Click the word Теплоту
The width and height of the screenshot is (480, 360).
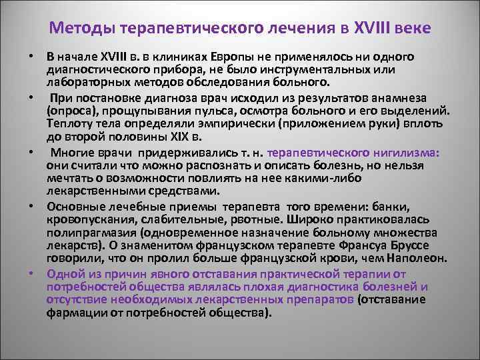[67, 123]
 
